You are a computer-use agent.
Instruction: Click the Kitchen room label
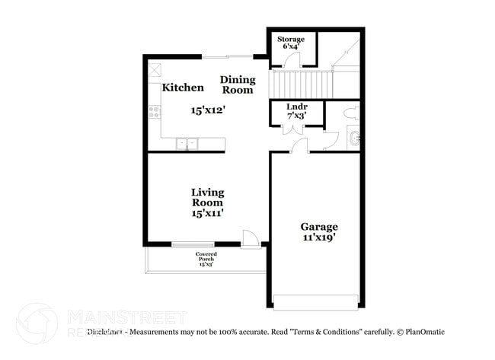pos(182,88)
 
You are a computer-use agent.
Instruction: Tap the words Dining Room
pos(237,84)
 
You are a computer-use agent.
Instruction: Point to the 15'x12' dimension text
pos(208,110)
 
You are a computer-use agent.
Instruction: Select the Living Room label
pos(207,197)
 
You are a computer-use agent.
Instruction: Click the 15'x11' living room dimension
pos(207,214)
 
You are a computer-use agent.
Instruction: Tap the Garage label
pos(318,226)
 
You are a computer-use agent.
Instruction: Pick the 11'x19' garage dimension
pos(318,237)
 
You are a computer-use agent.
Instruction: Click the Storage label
pos(290,39)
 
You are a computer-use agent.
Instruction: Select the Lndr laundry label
pos(296,106)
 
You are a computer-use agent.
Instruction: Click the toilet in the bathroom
pos(351,114)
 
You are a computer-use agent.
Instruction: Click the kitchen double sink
pos(187,143)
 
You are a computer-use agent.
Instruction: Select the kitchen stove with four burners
pos(154,113)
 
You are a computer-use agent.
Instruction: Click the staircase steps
pos(302,83)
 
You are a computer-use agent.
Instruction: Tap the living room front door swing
pos(250,237)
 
